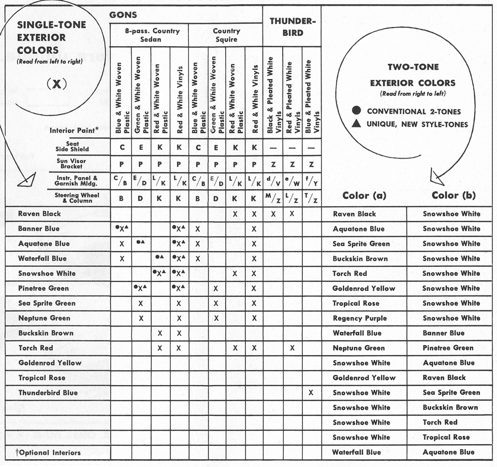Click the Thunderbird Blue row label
click(48, 392)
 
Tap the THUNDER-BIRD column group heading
click(291, 27)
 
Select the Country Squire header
click(226, 35)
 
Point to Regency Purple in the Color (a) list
click(359, 318)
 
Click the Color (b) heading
click(454, 195)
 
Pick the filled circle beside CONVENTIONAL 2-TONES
click(356, 111)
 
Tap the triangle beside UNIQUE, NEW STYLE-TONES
click(356, 124)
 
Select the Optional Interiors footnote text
click(48, 452)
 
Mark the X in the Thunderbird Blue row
click(311, 393)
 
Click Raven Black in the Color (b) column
click(444, 378)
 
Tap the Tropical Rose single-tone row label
click(42, 378)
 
